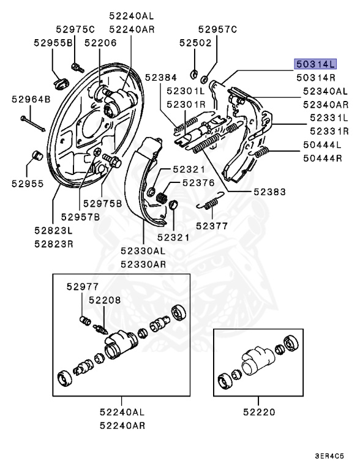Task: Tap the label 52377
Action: pos(211,225)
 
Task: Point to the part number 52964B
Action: pos(30,98)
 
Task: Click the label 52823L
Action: pos(53,230)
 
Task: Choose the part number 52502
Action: pos(195,43)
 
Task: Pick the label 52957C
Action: pos(217,29)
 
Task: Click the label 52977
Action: pos(83,286)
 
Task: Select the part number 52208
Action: pos(104,300)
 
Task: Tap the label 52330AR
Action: pos(143,264)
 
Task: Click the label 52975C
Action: pos(75,29)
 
